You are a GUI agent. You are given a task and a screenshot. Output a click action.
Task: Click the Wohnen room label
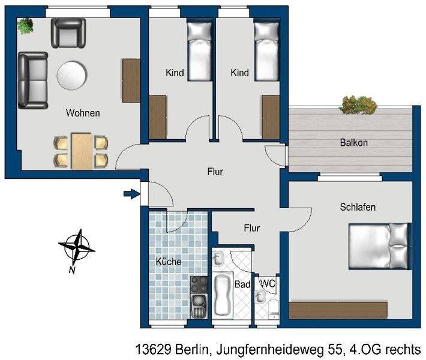pyautogui.click(x=83, y=113)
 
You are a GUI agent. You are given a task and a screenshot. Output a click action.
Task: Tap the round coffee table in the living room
pyautogui.click(x=72, y=75)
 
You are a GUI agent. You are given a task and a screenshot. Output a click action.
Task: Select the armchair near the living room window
pyautogui.click(x=68, y=33)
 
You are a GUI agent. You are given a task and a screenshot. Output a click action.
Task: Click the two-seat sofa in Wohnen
pyautogui.click(x=33, y=80)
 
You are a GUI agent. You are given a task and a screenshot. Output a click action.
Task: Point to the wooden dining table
pyautogui.click(x=82, y=151)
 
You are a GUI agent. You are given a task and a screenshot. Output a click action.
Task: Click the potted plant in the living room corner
pyautogui.click(x=25, y=26)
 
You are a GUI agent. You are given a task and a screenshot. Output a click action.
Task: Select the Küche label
pyautogui.click(x=169, y=262)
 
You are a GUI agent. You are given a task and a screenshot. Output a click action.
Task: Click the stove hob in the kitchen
pyautogui.click(x=199, y=284)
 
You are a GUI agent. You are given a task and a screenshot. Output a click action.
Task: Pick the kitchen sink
pyautogui.click(x=199, y=307)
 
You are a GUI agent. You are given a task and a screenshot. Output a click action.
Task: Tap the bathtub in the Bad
pyautogui.click(x=223, y=295)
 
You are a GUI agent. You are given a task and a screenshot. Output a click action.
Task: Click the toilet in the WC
pyautogui.click(x=274, y=309)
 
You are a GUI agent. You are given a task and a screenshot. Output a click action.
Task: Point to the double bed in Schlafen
pyautogui.click(x=380, y=246)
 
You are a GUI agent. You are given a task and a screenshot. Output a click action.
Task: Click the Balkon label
pyautogui.click(x=354, y=143)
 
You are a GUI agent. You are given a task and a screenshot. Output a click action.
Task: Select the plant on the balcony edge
pyautogui.click(x=358, y=104)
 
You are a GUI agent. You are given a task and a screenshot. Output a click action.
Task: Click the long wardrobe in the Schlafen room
pyautogui.click(x=338, y=310)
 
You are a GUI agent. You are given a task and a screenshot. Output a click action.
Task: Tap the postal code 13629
pyautogui.click(x=152, y=349)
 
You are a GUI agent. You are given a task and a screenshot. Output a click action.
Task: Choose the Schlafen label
pyautogui.click(x=358, y=207)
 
